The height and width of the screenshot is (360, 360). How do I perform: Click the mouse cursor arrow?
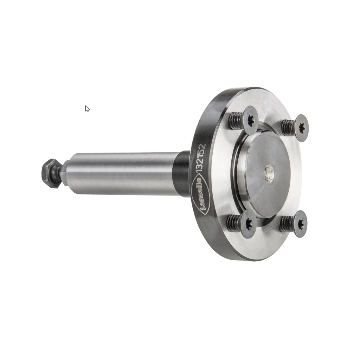click(x=87, y=109)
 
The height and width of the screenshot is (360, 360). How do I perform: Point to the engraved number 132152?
click(x=200, y=157)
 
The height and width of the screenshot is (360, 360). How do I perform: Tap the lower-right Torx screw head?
click(x=300, y=224)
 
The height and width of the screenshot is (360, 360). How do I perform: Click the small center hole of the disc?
click(x=269, y=173)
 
